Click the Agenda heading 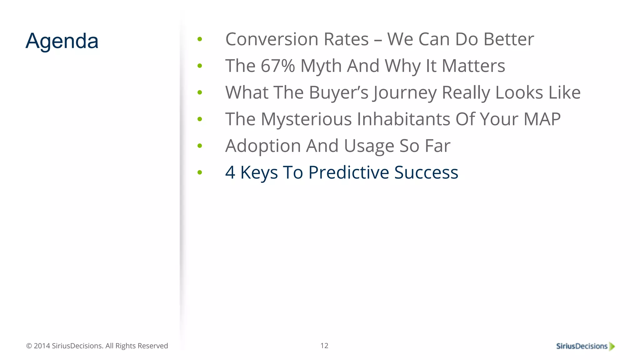(62, 41)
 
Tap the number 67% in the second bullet (277, 66)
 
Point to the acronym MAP (542, 119)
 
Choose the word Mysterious (306, 119)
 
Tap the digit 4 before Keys (230, 172)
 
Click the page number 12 (324, 346)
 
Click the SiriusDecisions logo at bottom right (582, 346)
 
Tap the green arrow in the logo (612, 346)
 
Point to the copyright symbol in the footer (29, 346)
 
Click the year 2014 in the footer (42, 346)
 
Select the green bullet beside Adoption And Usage (200, 146)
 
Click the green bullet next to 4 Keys (200, 172)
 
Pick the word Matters (473, 66)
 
